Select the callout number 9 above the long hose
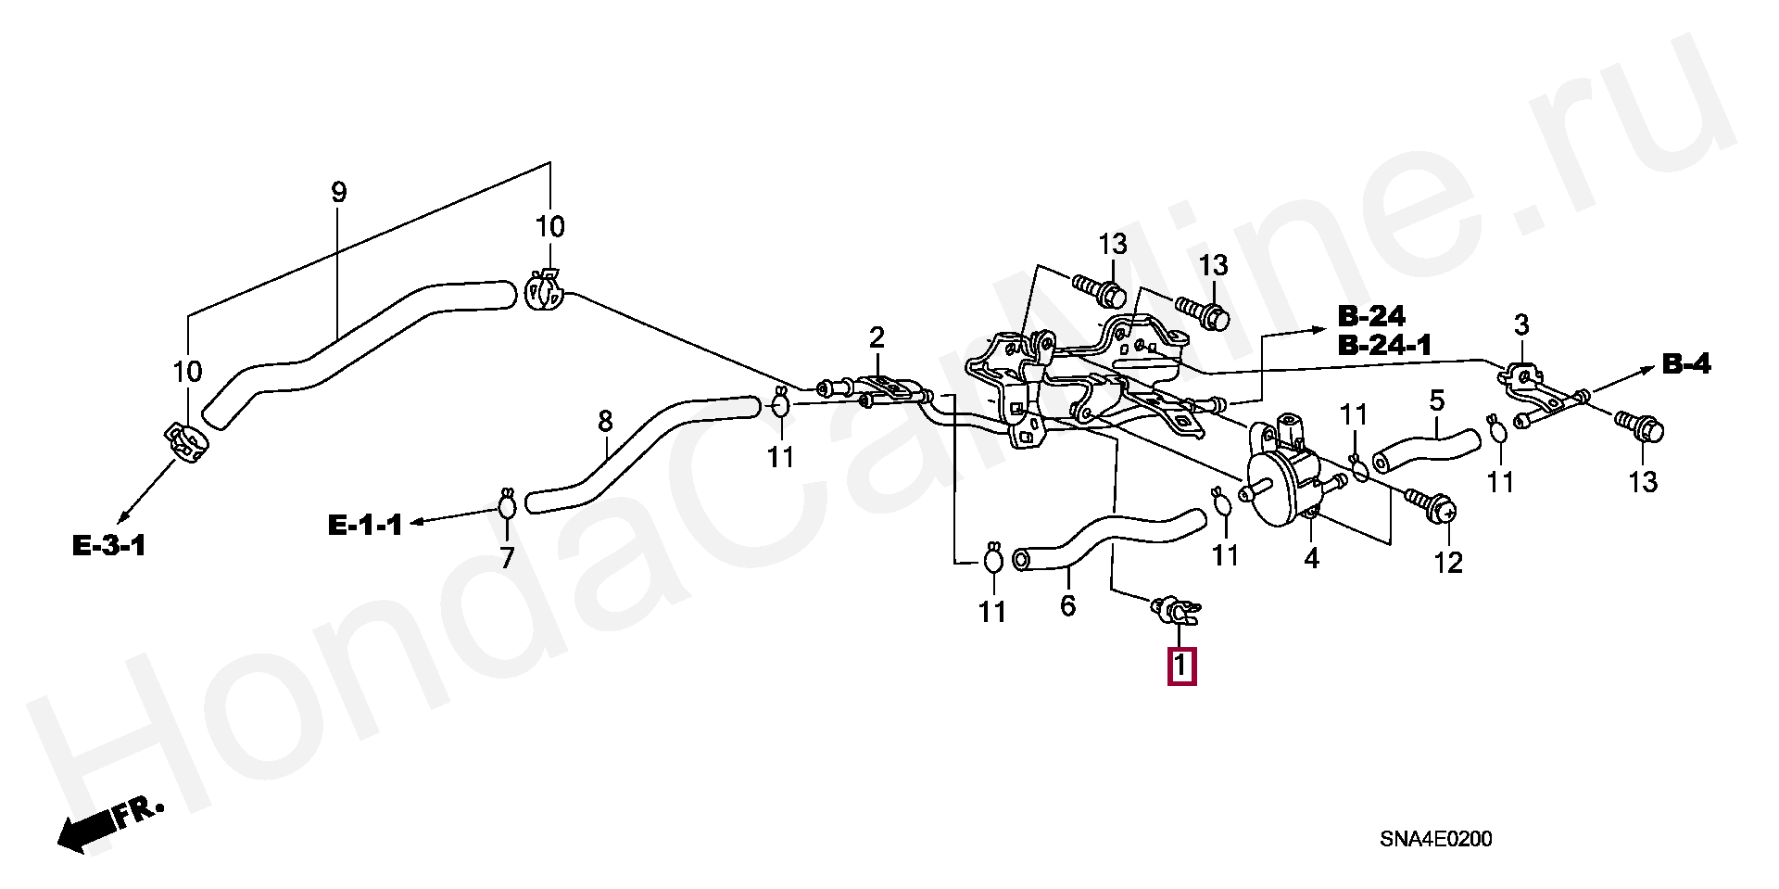click(338, 193)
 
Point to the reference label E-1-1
click(365, 526)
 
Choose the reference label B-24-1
click(1384, 346)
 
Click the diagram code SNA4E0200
click(1435, 840)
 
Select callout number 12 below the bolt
click(1448, 562)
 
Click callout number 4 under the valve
click(1311, 558)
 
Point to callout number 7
click(507, 558)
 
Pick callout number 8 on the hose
click(605, 422)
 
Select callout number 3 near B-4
click(1521, 324)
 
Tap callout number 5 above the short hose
click(1437, 401)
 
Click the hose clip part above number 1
click(1175, 611)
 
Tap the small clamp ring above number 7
click(507, 505)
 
